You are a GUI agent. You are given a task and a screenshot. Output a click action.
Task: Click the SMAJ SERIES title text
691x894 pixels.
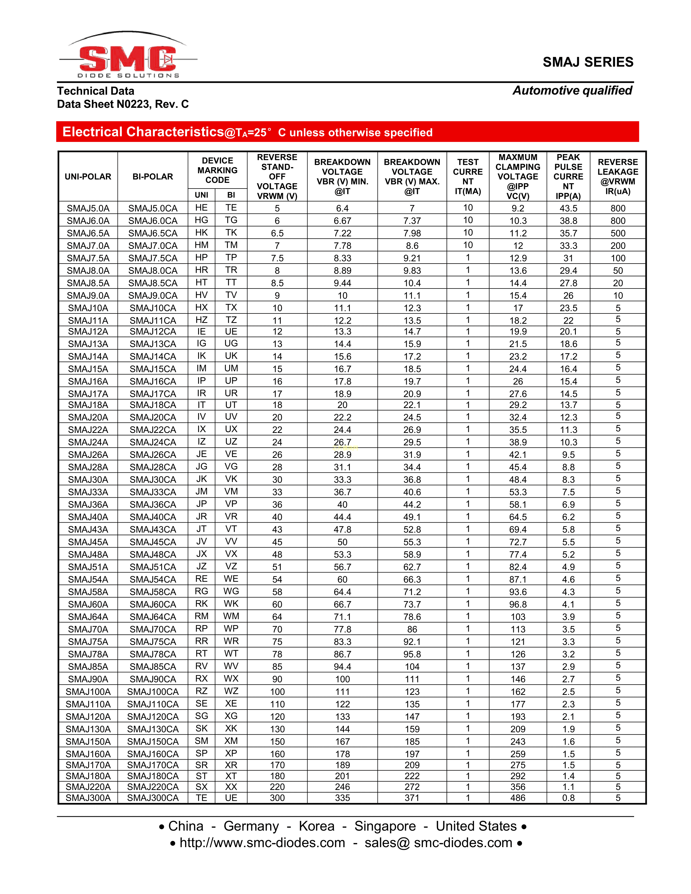(x=588, y=62)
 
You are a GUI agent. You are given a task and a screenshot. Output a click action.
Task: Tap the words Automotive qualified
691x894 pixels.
(x=572, y=90)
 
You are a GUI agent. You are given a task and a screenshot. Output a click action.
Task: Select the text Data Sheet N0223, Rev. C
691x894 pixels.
(x=123, y=104)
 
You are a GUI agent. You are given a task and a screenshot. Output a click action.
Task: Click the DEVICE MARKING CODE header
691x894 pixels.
(x=217, y=170)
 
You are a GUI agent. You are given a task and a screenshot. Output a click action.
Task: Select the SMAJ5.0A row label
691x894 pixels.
(x=88, y=208)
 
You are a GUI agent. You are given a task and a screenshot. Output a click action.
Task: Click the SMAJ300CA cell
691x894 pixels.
(x=153, y=798)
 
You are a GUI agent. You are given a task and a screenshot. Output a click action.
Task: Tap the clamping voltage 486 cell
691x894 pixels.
(x=518, y=798)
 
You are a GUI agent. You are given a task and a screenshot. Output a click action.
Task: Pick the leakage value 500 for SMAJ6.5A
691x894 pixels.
(x=618, y=233)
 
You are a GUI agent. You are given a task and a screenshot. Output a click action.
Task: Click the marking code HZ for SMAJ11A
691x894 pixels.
(x=201, y=320)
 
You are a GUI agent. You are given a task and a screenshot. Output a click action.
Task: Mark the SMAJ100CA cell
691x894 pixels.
(x=153, y=692)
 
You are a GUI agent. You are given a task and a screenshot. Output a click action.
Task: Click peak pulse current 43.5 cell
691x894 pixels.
(x=568, y=208)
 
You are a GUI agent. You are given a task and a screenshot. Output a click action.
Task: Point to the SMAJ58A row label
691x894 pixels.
(x=88, y=592)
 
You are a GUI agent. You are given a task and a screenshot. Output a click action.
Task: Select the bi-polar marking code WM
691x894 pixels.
(x=231, y=617)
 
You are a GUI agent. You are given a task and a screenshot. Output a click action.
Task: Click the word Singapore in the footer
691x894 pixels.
(x=385, y=826)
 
